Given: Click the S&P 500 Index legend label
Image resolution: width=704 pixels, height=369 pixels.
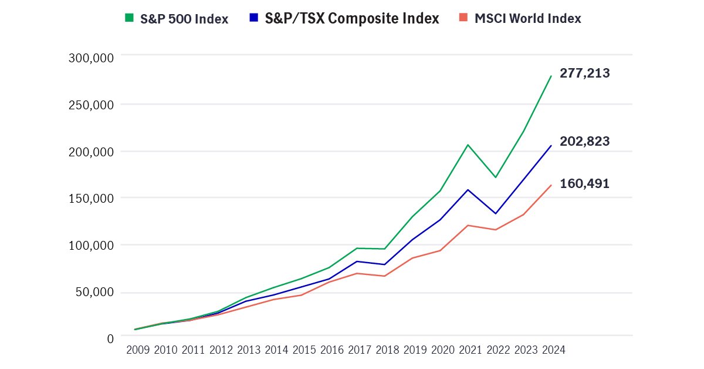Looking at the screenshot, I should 184,19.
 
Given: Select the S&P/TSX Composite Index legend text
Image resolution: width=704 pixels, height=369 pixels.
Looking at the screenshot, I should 352,19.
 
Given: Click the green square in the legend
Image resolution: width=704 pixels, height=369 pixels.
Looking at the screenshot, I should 129,18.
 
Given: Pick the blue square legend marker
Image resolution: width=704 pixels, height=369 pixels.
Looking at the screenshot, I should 253,18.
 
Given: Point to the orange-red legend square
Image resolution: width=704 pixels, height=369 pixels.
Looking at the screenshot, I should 462,18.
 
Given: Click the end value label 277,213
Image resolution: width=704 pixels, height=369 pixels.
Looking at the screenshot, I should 584,74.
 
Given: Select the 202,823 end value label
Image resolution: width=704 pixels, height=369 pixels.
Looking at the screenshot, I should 584,142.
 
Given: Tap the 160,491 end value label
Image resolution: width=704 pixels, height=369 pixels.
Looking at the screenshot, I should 584,184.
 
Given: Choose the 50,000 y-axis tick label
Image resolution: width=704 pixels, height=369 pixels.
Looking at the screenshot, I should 94,293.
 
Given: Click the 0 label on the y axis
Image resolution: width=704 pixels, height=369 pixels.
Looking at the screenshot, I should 109,339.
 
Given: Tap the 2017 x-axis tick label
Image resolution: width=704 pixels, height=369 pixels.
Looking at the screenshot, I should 359,350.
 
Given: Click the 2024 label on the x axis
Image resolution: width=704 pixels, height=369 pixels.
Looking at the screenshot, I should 553,350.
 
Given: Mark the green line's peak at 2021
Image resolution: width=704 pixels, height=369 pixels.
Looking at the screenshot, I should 468,145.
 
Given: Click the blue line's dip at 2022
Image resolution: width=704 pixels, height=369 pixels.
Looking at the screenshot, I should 496,213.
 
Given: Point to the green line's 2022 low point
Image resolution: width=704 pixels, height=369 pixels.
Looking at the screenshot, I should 496,177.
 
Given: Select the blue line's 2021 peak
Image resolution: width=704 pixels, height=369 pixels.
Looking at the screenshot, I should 468,190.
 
